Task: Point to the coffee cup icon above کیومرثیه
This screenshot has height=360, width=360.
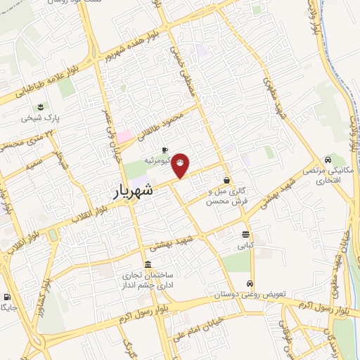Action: pyautogui.click(x=165, y=150)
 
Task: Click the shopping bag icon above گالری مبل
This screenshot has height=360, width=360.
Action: pyautogui.click(x=226, y=179)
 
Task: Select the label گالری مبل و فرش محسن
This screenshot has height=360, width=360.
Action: pyautogui.click(x=226, y=196)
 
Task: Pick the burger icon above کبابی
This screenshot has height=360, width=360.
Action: pyautogui.click(x=245, y=235)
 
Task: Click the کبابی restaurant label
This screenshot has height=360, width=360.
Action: pyautogui.click(x=244, y=247)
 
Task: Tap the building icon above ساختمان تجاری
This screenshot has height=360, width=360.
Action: pyautogui.click(x=146, y=264)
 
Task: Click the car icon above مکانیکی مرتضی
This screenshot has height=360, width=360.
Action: pyautogui.click(x=328, y=159)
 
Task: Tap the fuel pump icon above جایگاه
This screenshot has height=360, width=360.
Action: pyautogui.click(x=7, y=297)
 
